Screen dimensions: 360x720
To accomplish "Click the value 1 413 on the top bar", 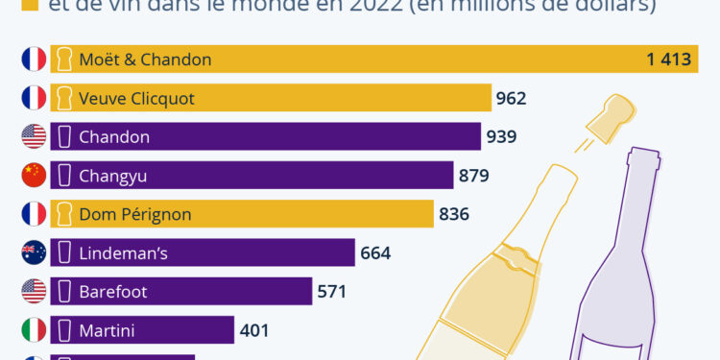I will [x=668, y=60].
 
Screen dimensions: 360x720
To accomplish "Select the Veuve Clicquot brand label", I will [x=136, y=98].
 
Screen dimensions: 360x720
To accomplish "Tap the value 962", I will [x=511, y=98].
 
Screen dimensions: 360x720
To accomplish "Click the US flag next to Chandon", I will [x=34, y=136].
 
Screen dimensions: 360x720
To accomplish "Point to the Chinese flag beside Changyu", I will [x=34, y=175].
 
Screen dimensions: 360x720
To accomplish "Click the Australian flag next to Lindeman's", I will [x=34, y=252].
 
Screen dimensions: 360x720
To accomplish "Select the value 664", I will [x=375, y=252].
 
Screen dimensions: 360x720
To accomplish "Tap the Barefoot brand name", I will [x=113, y=291].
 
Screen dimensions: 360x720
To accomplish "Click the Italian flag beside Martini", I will [x=34, y=330].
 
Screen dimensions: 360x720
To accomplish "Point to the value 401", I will [x=253, y=330].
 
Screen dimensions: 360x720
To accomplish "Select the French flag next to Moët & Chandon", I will [x=34, y=60].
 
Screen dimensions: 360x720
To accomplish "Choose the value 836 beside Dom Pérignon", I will [x=453, y=213].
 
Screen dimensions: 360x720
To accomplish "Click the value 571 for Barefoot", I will [x=331, y=291].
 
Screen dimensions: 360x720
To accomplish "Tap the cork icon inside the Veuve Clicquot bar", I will [x=64, y=98].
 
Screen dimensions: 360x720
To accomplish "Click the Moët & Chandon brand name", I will [x=145, y=60].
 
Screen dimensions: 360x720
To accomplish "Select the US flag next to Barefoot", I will [x=34, y=291].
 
